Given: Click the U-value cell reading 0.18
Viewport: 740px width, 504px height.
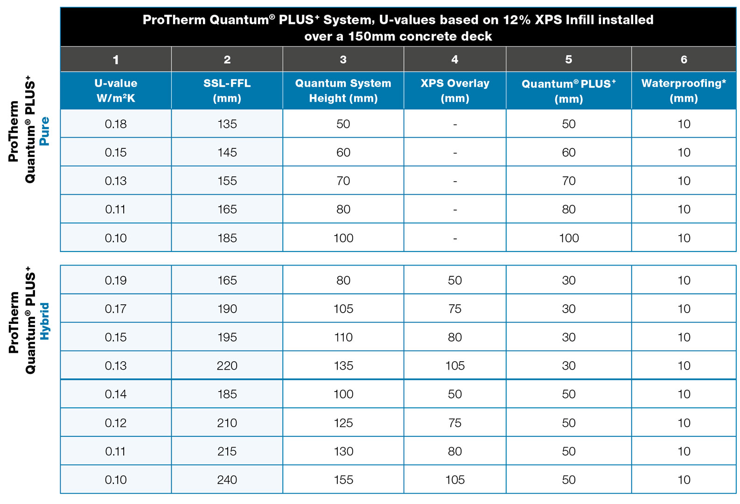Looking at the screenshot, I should pyautogui.click(x=116, y=124).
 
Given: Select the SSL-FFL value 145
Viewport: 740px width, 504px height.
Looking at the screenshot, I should pyautogui.click(x=227, y=153).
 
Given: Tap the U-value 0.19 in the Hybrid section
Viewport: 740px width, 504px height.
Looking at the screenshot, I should pyautogui.click(x=116, y=280).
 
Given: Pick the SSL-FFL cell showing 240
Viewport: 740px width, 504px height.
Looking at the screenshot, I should pyautogui.click(x=227, y=480).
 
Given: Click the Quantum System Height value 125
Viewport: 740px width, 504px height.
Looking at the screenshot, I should pyautogui.click(x=343, y=423).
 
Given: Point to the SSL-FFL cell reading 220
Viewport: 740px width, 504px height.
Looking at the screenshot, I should pyautogui.click(x=227, y=366).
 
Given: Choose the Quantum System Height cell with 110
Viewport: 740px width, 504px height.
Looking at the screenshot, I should pyautogui.click(x=343, y=337).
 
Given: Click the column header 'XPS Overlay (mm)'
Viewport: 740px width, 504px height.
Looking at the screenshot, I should pyautogui.click(x=454, y=91).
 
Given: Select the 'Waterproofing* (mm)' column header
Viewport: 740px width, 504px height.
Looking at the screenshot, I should pyautogui.click(x=684, y=91).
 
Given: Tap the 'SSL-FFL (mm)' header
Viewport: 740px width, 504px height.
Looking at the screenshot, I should pyautogui.click(x=227, y=91).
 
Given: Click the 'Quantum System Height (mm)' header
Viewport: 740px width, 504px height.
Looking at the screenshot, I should pyautogui.click(x=343, y=91).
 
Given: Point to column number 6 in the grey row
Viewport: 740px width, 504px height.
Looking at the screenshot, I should pyautogui.click(x=684, y=60).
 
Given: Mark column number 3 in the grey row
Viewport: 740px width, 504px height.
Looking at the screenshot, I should pyautogui.click(x=343, y=60).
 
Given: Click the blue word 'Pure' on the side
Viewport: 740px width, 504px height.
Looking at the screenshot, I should pyautogui.click(x=44, y=131).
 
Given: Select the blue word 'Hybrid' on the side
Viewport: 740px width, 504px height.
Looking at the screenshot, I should pyautogui.click(x=44, y=322).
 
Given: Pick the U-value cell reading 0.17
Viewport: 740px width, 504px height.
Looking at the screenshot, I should pyautogui.click(x=116, y=309).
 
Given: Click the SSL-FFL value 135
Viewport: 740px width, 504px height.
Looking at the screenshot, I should pyautogui.click(x=227, y=124).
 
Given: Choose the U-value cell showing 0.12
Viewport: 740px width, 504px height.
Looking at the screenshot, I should pyautogui.click(x=116, y=423).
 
